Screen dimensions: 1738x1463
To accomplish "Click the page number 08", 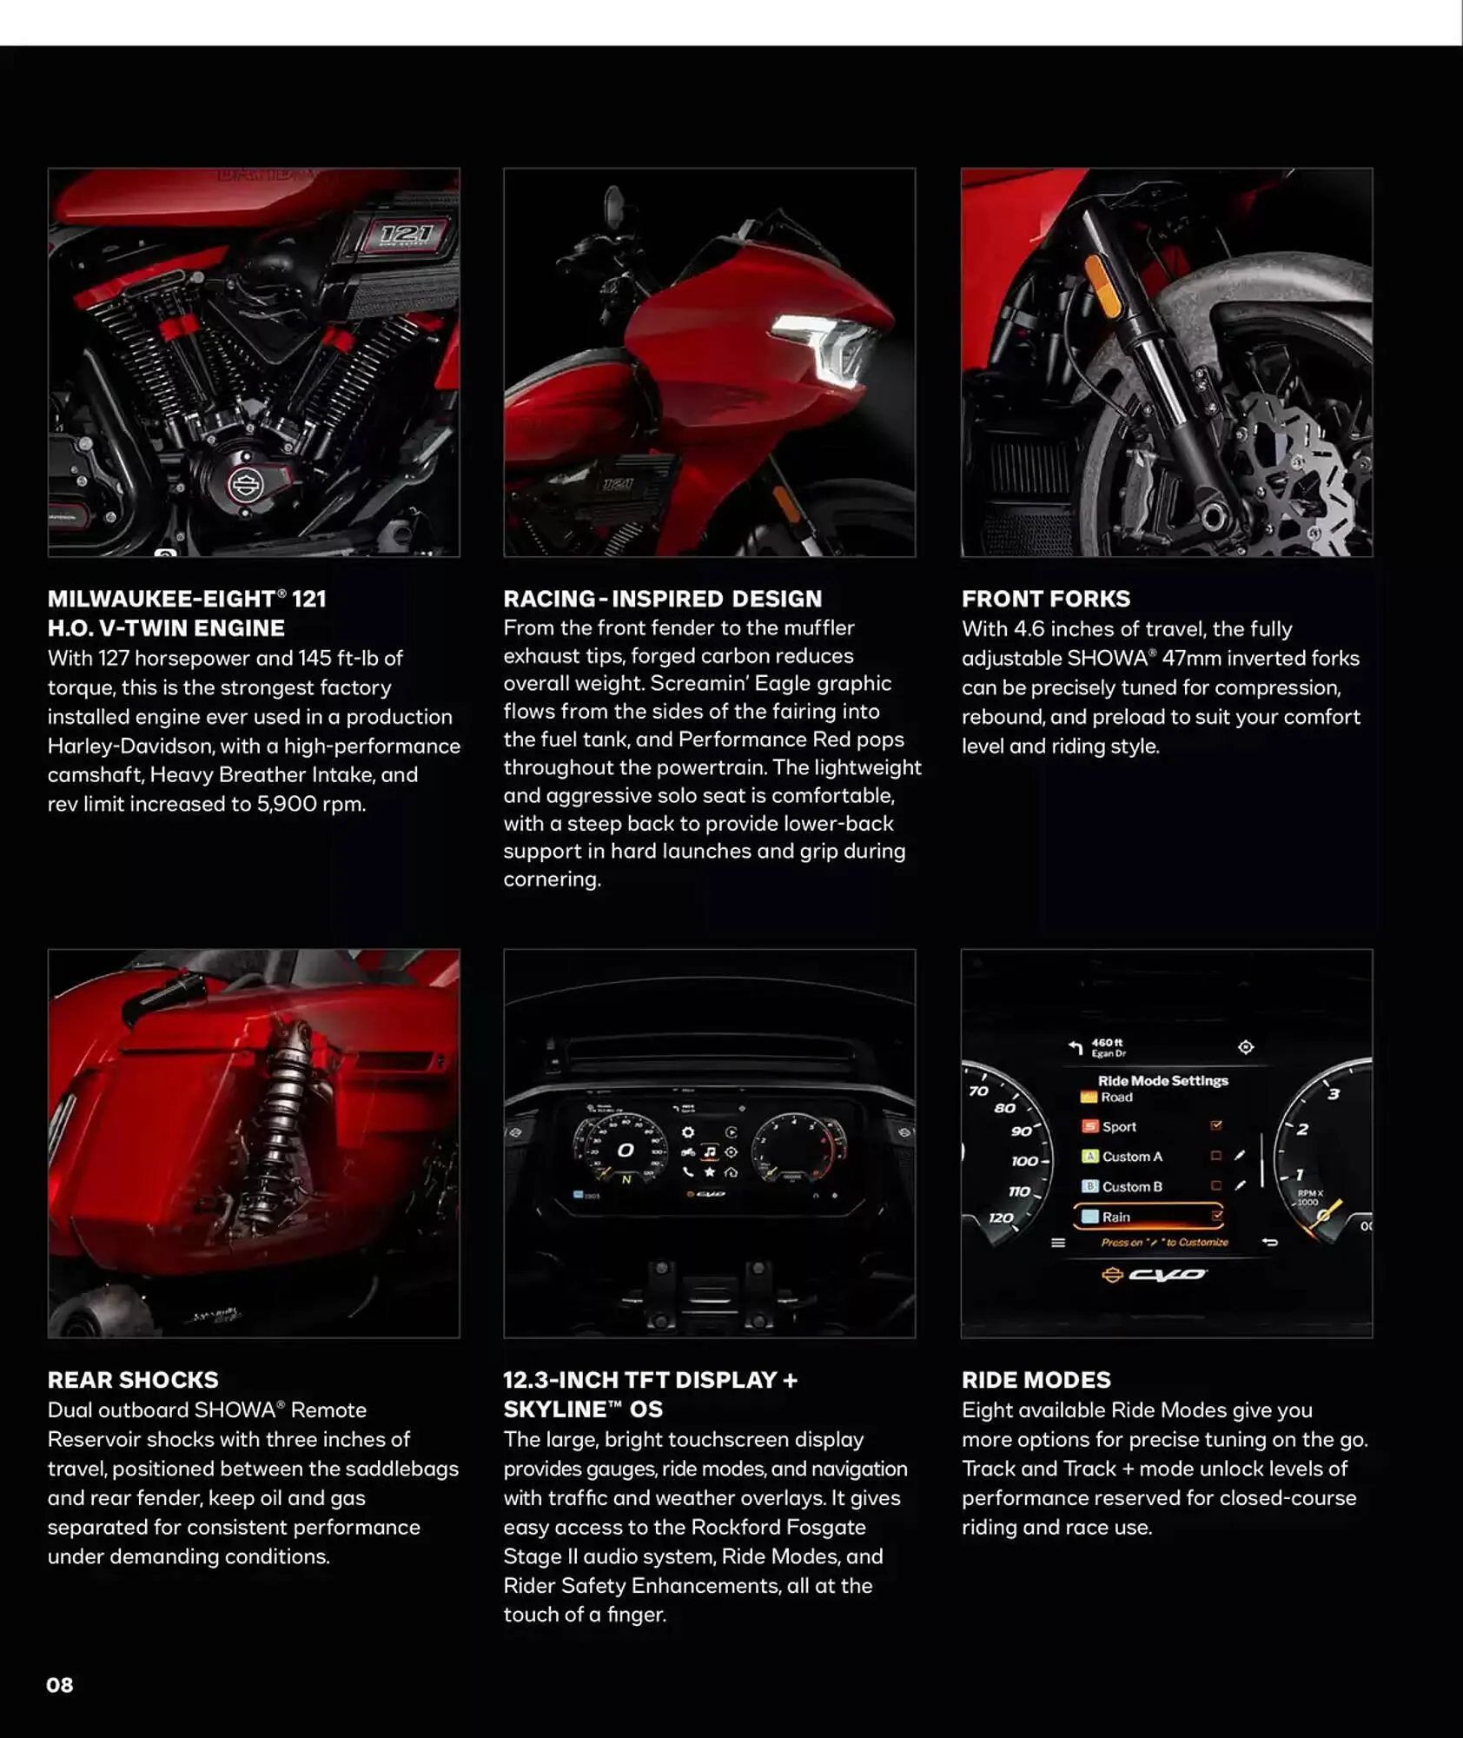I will point(59,1685).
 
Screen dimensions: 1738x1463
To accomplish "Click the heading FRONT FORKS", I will point(1045,599).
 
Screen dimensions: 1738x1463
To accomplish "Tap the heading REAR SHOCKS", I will point(133,1380).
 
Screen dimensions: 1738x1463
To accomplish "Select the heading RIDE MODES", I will point(1036,1380).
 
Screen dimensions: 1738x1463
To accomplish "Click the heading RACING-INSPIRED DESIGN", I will point(662,599).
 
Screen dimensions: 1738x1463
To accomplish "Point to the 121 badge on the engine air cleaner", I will point(406,234).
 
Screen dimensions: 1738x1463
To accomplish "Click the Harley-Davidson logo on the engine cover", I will point(245,485).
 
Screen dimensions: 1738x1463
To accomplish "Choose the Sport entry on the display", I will point(1119,1127).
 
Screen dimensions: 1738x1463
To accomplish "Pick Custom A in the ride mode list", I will point(1131,1157).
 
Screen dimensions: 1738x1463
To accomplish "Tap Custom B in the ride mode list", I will point(1131,1187).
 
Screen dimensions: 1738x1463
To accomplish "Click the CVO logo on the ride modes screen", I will point(1165,1275).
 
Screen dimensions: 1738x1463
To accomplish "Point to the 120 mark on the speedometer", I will point(1000,1217).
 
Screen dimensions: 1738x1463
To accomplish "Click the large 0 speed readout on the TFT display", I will point(625,1151).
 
